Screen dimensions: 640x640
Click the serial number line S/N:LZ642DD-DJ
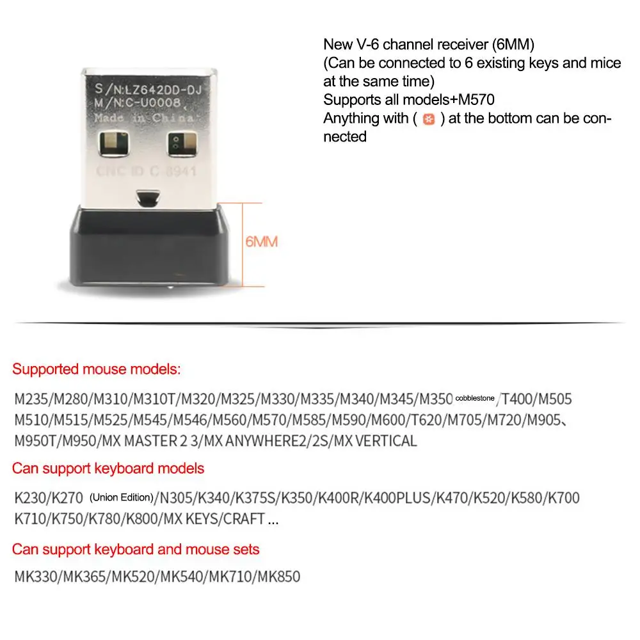(148, 90)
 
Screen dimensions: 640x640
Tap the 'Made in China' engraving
(144, 118)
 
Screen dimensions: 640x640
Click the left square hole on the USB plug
(113, 145)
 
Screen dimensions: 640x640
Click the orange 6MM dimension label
(261, 243)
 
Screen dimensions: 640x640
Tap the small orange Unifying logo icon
(429, 120)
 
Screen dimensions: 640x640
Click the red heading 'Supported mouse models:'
(97, 369)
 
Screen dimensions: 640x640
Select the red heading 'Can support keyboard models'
(108, 468)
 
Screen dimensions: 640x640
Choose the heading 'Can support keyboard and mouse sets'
(136, 549)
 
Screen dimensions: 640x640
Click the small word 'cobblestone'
(475, 398)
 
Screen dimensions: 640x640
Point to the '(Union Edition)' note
(122, 497)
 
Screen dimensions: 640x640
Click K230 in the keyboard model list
(29, 498)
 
